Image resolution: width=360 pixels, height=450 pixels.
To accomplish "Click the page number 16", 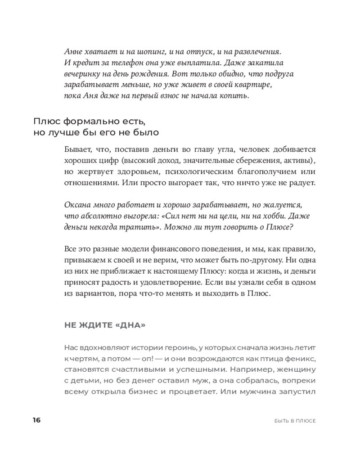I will coord(36,420).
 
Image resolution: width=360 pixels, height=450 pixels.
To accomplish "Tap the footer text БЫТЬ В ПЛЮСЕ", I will coord(295,421).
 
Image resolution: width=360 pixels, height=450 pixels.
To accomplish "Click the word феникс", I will coord(302,358).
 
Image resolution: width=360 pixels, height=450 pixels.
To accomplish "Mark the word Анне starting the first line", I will coord(74,52).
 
